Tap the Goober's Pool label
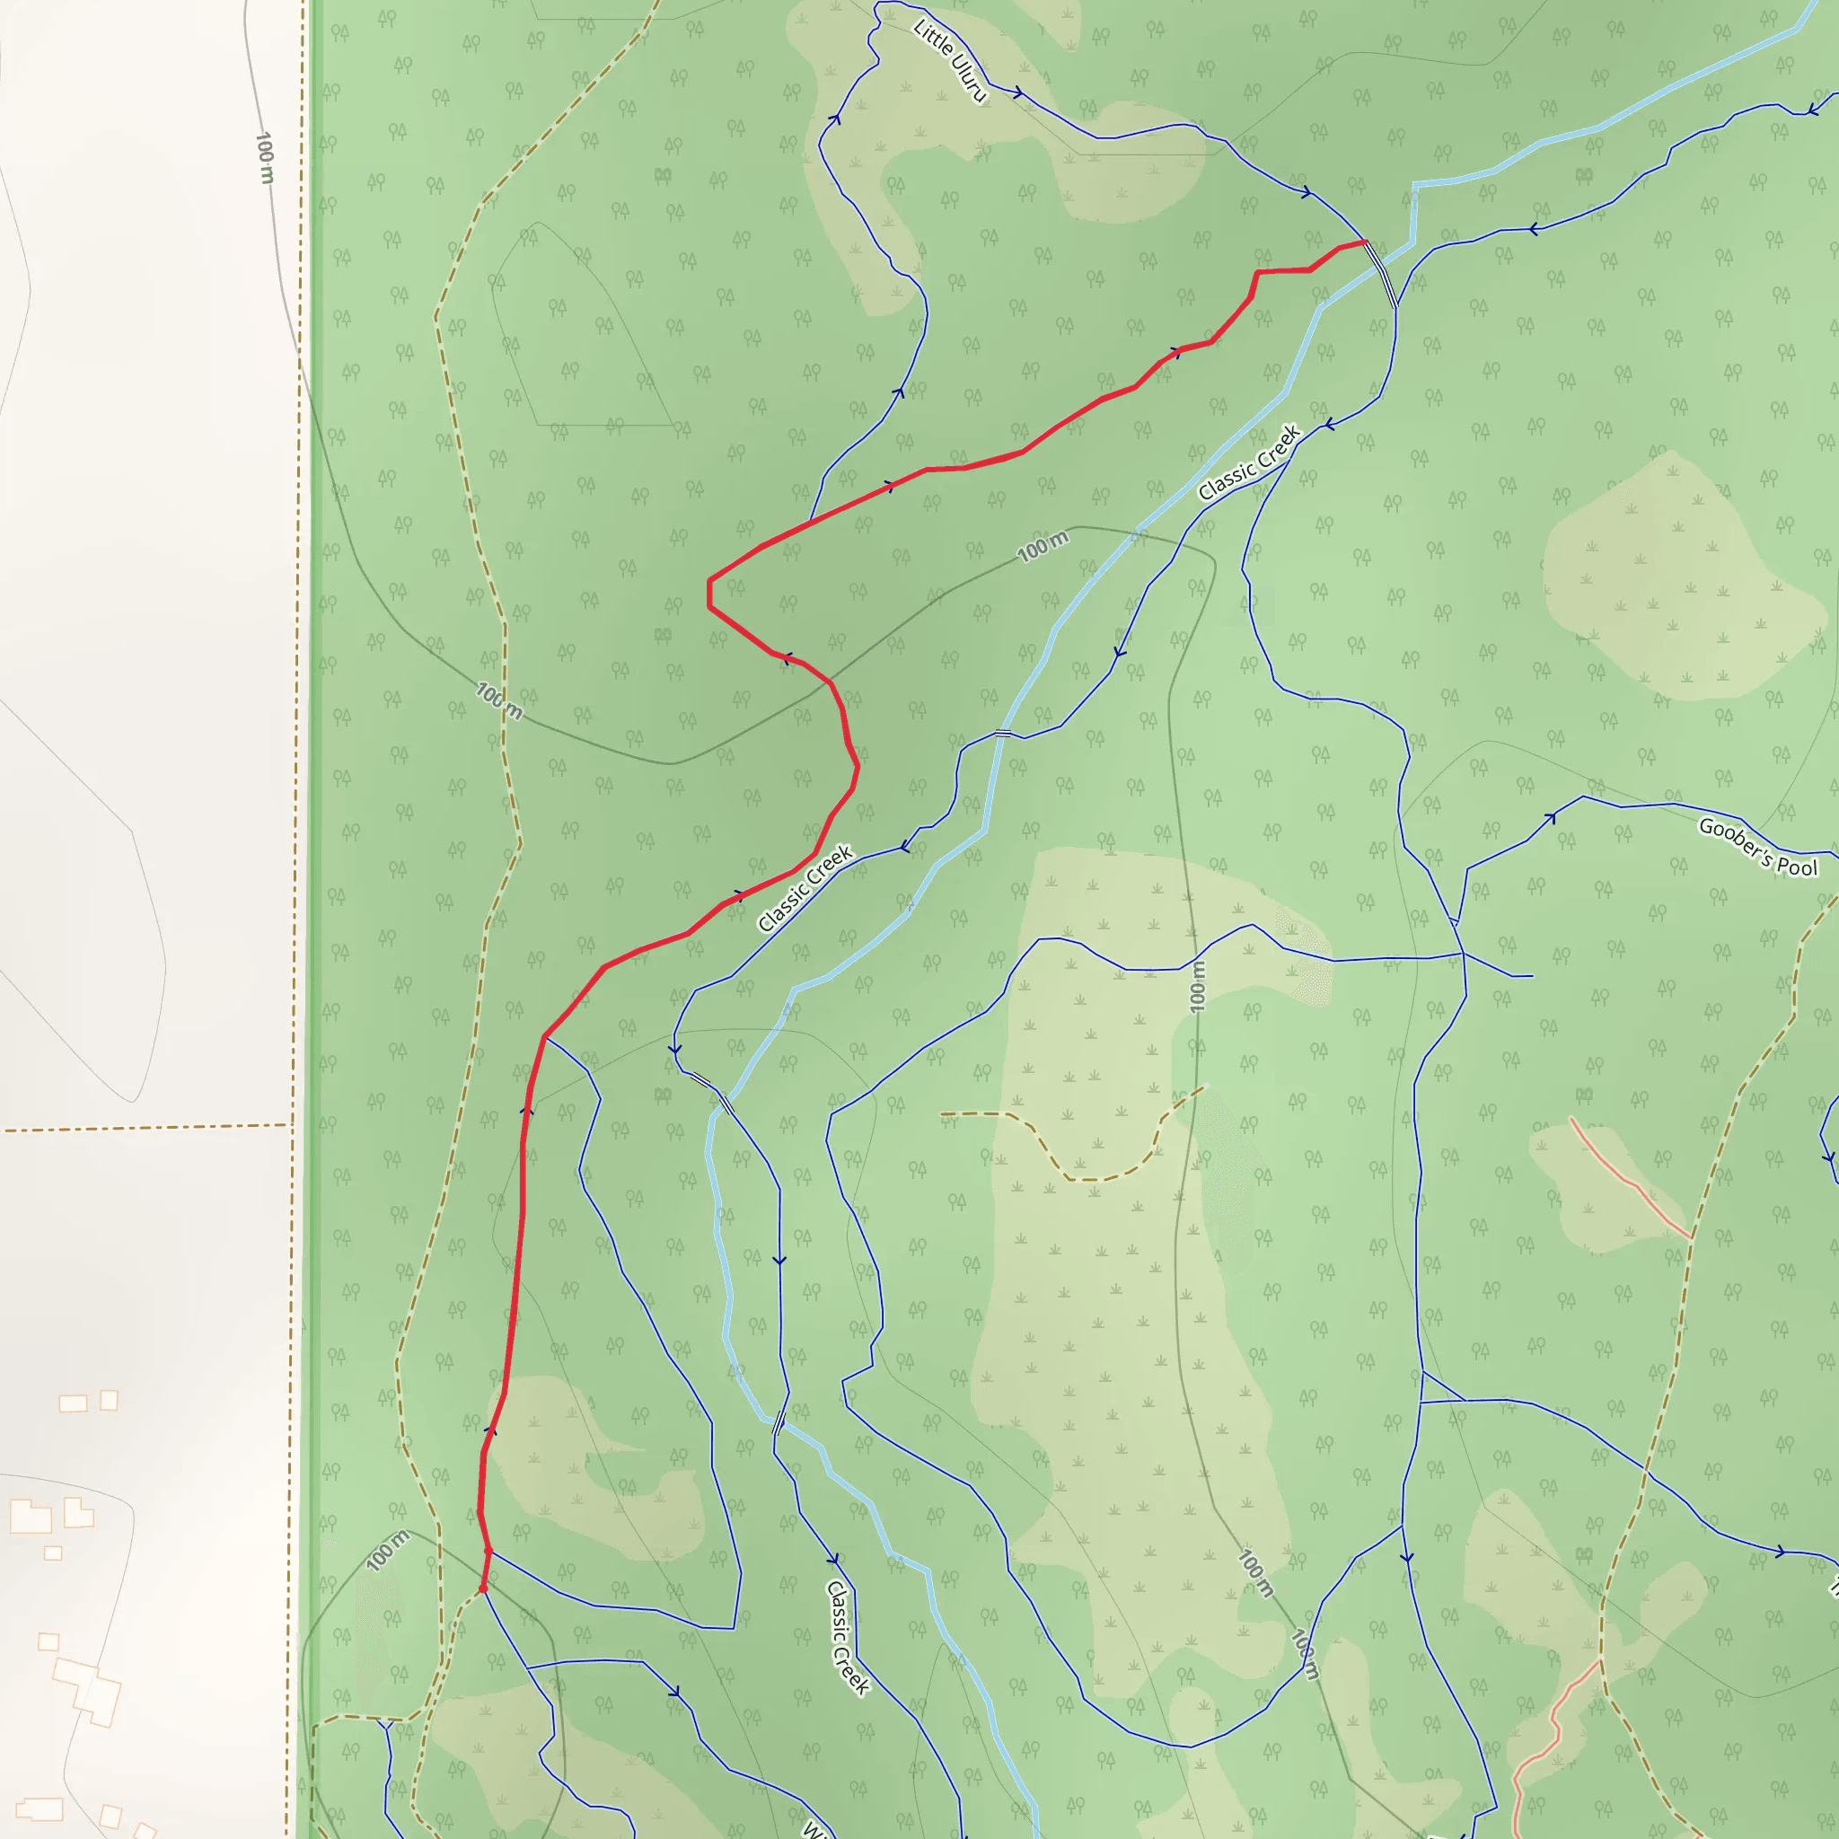[1757, 846]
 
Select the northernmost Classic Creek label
[1249, 462]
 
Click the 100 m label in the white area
[265, 158]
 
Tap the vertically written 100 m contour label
[1198, 986]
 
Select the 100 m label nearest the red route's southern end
[387, 1550]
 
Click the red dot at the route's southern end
[482, 1588]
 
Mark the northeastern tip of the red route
[1365, 242]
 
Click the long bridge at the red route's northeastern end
[1381, 274]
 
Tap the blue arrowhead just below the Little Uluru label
[1017, 92]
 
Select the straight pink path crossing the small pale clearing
[1630, 1180]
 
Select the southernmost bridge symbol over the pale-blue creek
[779, 1422]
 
